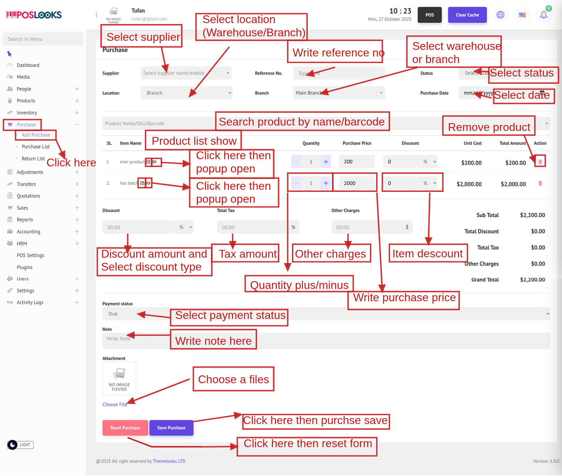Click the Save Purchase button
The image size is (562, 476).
pyautogui.click(x=171, y=428)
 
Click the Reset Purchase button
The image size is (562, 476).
pyautogui.click(x=125, y=428)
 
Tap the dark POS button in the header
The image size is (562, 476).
pyautogui.click(x=429, y=15)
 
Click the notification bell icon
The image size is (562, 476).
pyautogui.click(x=543, y=15)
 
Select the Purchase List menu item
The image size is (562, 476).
pyautogui.click(x=35, y=147)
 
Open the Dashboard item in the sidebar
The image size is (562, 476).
pyautogui.click(x=28, y=65)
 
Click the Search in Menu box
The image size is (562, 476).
pyautogui.click(x=43, y=39)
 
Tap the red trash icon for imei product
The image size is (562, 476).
pyautogui.click(x=540, y=162)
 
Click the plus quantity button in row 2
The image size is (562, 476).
pyautogui.click(x=326, y=183)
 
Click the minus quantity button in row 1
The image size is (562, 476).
pyautogui.click(x=296, y=162)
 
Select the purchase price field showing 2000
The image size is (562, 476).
pyautogui.click(x=356, y=183)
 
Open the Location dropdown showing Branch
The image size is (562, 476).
pyautogui.click(x=186, y=93)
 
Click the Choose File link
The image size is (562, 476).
pyautogui.click(x=115, y=405)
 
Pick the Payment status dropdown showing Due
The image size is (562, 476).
pyautogui.click(x=326, y=314)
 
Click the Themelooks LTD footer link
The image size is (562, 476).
pyautogui.click(x=169, y=461)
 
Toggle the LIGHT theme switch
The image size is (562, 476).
pyautogui.click(x=20, y=445)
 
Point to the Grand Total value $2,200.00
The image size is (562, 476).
pyautogui.click(x=532, y=280)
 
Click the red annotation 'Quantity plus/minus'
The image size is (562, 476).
pyautogui.click(x=299, y=285)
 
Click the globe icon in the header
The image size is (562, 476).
pyautogui.click(x=500, y=15)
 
